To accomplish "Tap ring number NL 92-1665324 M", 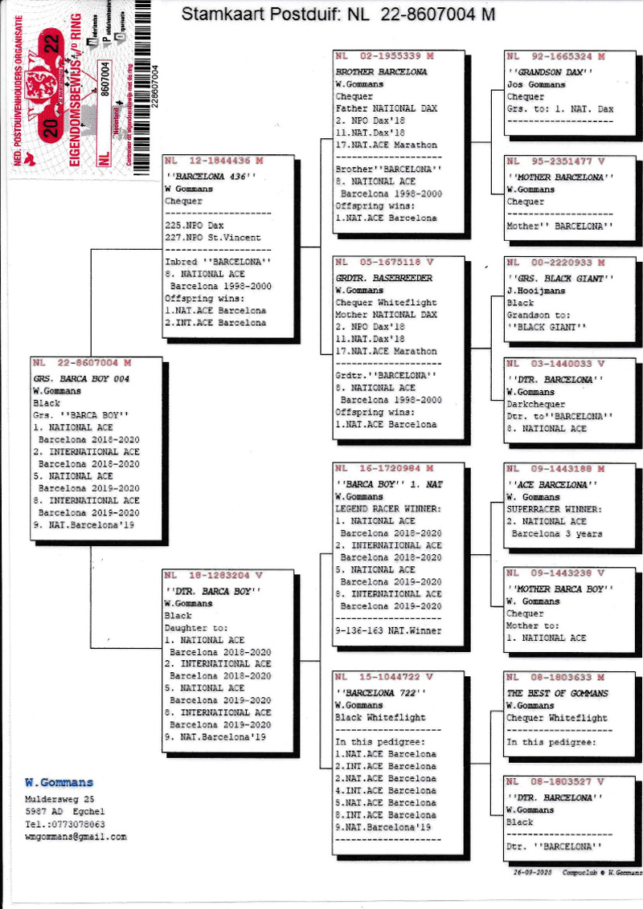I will pos(555,57).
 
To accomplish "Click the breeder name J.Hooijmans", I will pos(535,291).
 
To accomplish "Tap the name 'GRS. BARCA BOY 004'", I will pos(81,378).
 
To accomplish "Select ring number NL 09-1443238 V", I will pos(555,573).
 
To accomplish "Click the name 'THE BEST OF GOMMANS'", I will pos(557,693).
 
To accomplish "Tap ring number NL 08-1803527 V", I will pos(555,781).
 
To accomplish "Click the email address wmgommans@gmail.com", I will pos(76,837).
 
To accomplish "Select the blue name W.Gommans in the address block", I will pos(59,783).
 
